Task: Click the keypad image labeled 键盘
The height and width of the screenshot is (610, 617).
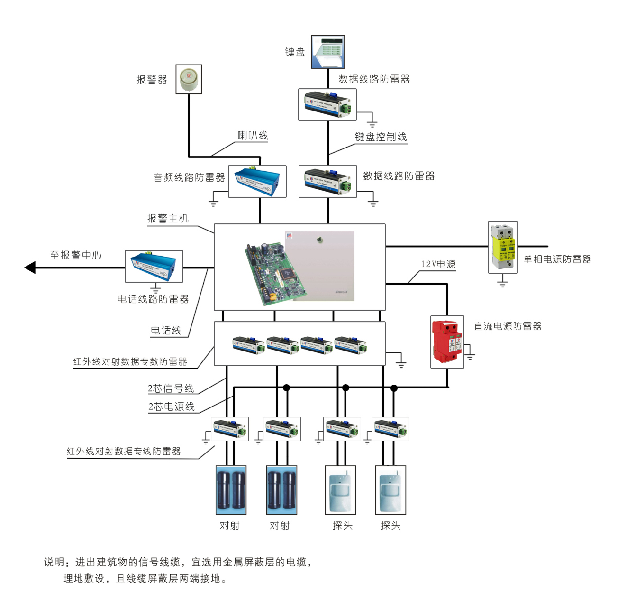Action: pyautogui.click(x=328, y=52)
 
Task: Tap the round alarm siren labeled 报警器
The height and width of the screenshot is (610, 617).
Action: pyautogui.click(x=189, y=79)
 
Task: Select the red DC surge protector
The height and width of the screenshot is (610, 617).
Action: pyautogui.click(x=447, y=342)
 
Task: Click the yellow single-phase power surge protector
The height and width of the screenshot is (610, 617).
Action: pyautogui.click(x=503, y=247)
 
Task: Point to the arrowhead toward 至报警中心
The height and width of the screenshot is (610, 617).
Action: pyautogui.click(x=30, y=268)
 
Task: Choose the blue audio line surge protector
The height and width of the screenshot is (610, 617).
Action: pyautogui.click(x=257, y=181)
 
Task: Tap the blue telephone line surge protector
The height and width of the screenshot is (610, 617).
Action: pyautogui.click(x=154, y=267)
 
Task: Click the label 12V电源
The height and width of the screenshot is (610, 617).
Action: pyautogui.click(x=438, y=264)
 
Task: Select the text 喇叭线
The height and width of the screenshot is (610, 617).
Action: pyautogui.click(x=253, y=136)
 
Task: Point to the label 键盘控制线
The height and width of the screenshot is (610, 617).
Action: pyautogui.click(x=381, y=137)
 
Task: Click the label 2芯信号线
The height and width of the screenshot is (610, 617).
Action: pyautogui.click(x=171, y=388)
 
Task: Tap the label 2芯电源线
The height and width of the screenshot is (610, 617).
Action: pyautogui.click(x=172, y=407)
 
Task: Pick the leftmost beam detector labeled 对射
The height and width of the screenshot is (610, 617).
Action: pyautogui.click(x=231, y=490)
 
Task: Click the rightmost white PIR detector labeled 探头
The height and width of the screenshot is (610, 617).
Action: pyautogui.click(x=390, y=490)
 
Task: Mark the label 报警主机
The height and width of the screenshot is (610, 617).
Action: pyautogui.click(x=168, y=219)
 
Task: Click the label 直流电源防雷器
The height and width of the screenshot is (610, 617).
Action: pyautogui.click(x=508, y=326)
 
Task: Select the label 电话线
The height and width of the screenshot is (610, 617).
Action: pyautogui.click(x=166, y=331)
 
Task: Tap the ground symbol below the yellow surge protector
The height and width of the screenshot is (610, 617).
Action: pyautogui.click(x=502, y=283)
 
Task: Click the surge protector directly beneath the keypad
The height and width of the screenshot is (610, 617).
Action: pyautogui.click(x=327, y=105)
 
